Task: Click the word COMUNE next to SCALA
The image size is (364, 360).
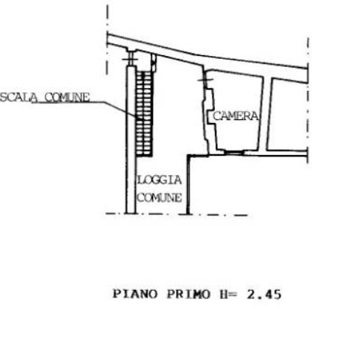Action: click(67, 98)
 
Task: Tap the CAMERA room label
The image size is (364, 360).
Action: click(236, 116)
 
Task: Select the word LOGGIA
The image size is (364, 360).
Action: click(160, 180)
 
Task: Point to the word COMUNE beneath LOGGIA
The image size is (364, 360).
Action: click(160, 198)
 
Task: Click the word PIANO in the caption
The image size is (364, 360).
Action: click(135, 294)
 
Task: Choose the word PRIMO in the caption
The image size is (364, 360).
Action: click(189, 294)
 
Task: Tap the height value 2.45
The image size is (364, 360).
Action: click(264, 294)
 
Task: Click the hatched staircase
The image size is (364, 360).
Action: click(144, 114)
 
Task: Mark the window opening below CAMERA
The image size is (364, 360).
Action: click(234, 152)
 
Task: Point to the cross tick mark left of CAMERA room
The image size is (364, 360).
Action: click(206, 80)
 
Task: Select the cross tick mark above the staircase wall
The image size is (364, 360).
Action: click(130, 59)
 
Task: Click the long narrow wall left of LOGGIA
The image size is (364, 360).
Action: click(131, 139)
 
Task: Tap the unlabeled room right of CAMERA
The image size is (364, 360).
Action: click(289, 116)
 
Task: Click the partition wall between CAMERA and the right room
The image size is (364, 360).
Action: click(265, 114)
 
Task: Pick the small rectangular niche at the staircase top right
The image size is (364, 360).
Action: click(154, 63)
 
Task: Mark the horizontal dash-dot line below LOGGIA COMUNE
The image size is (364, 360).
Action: click(177, 214)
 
